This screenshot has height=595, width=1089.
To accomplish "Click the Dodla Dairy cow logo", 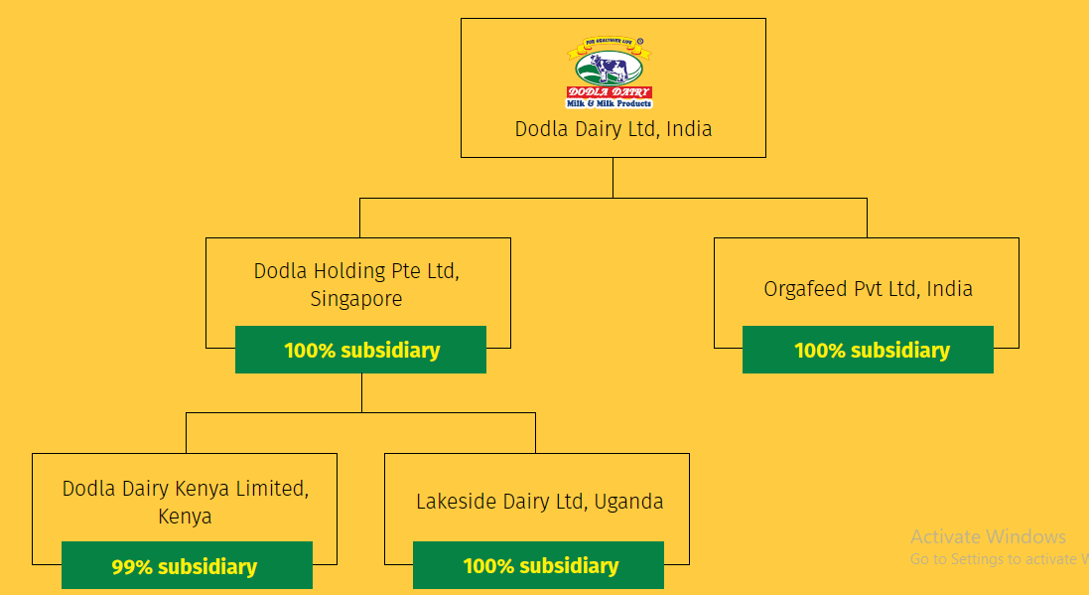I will pyautogui.click(x=610, y=73).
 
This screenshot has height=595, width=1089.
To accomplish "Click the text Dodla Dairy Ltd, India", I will pyautogui.click(x=613, y=129).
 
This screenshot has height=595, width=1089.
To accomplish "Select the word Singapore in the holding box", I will pyautogui.click(x=356, y=298).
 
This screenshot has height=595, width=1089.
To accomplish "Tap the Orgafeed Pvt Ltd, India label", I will pyautogui.click(x=868, y=289).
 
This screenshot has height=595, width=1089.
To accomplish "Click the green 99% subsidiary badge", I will pyautogui.click(x=187, y=566).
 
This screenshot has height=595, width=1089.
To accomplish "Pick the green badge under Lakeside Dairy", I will pyautogui.click(x=538, y=566).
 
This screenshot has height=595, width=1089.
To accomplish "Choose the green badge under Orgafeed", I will pyautogui.click(x=868, y=351).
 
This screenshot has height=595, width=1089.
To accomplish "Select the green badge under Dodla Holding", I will pyautogui.click(x=360, y=351).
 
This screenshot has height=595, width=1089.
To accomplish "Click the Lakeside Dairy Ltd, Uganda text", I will pyautogui.click(x=539, y=502).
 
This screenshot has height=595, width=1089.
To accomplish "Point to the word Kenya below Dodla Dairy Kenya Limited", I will pyautogui.click(x=185, y=517).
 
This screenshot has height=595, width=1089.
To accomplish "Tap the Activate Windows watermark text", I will pyautogui.click(x=988, y=537).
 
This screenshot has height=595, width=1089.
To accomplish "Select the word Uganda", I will pyautogui.click(x=628, y=502).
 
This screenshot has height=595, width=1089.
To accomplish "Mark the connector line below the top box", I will pyautogui.click(x=613, y=178).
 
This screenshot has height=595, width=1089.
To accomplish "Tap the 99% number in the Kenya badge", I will pyautogui.click(x=131, y=567).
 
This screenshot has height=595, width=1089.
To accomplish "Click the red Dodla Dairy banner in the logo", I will pyautogui.click(x=609, y=92).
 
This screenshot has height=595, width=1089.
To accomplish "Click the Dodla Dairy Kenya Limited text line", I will pyautogui.click(x=185, y=489).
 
